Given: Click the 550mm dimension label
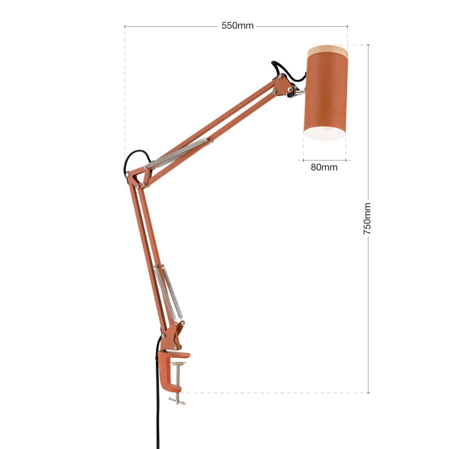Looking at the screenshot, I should click(x=237, y=26).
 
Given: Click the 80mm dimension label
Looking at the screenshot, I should click(x=324, y=167).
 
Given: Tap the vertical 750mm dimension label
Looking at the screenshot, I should click(x=368, y=219).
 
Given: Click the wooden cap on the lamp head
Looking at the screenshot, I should click(x=327, y=51).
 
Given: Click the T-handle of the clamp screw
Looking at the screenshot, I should click(x=178, y=401).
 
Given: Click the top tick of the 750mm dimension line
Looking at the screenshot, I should click(x=368, y=45).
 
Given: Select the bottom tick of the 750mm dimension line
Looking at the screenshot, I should click(x=368, y=393).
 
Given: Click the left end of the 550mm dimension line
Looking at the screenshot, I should click(x=125, y=26).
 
